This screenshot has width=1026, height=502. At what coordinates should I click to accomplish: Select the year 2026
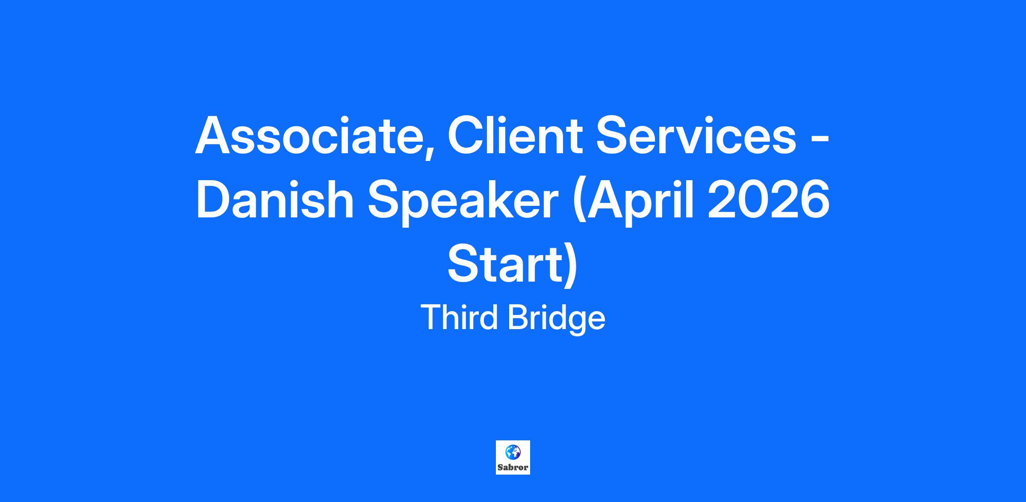click(x=769, y=200)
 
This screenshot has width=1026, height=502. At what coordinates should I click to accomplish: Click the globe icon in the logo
click(x=513, y=452)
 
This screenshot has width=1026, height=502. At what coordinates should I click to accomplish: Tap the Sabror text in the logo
click(x=513, y=467)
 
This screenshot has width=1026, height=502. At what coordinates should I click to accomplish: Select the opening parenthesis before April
click(x=580, y=203)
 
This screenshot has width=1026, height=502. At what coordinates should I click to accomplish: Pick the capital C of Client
click(x=466, y=135)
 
